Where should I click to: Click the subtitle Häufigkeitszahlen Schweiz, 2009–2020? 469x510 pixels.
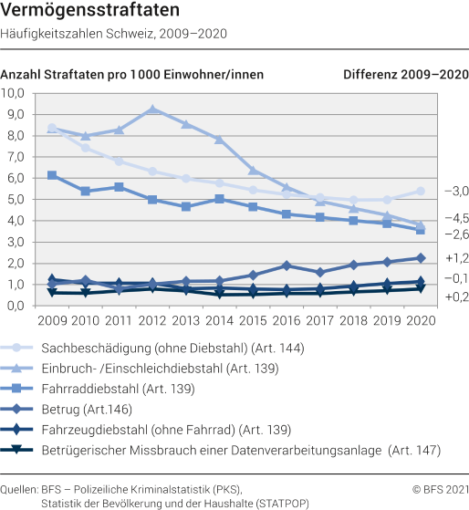(114, 34)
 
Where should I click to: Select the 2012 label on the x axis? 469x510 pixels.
(151, 320)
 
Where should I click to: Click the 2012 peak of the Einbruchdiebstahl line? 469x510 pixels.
(152, 109)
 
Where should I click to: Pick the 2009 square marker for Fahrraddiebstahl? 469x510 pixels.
(52, 175)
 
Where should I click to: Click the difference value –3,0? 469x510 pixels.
(455, 192)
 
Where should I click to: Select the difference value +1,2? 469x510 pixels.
(455, 258)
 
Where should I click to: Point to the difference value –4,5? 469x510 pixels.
(455, 219)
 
